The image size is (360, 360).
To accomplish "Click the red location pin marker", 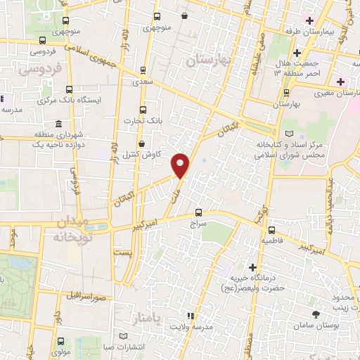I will pos(181,166).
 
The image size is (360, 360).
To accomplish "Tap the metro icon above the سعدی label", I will pos(143,70).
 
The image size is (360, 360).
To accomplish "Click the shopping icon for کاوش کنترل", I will pos(143,144).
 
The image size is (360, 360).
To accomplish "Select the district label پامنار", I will pos(146,319).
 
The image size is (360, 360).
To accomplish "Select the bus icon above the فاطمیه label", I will pos(271,229).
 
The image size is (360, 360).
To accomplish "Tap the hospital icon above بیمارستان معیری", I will pos(340,81).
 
